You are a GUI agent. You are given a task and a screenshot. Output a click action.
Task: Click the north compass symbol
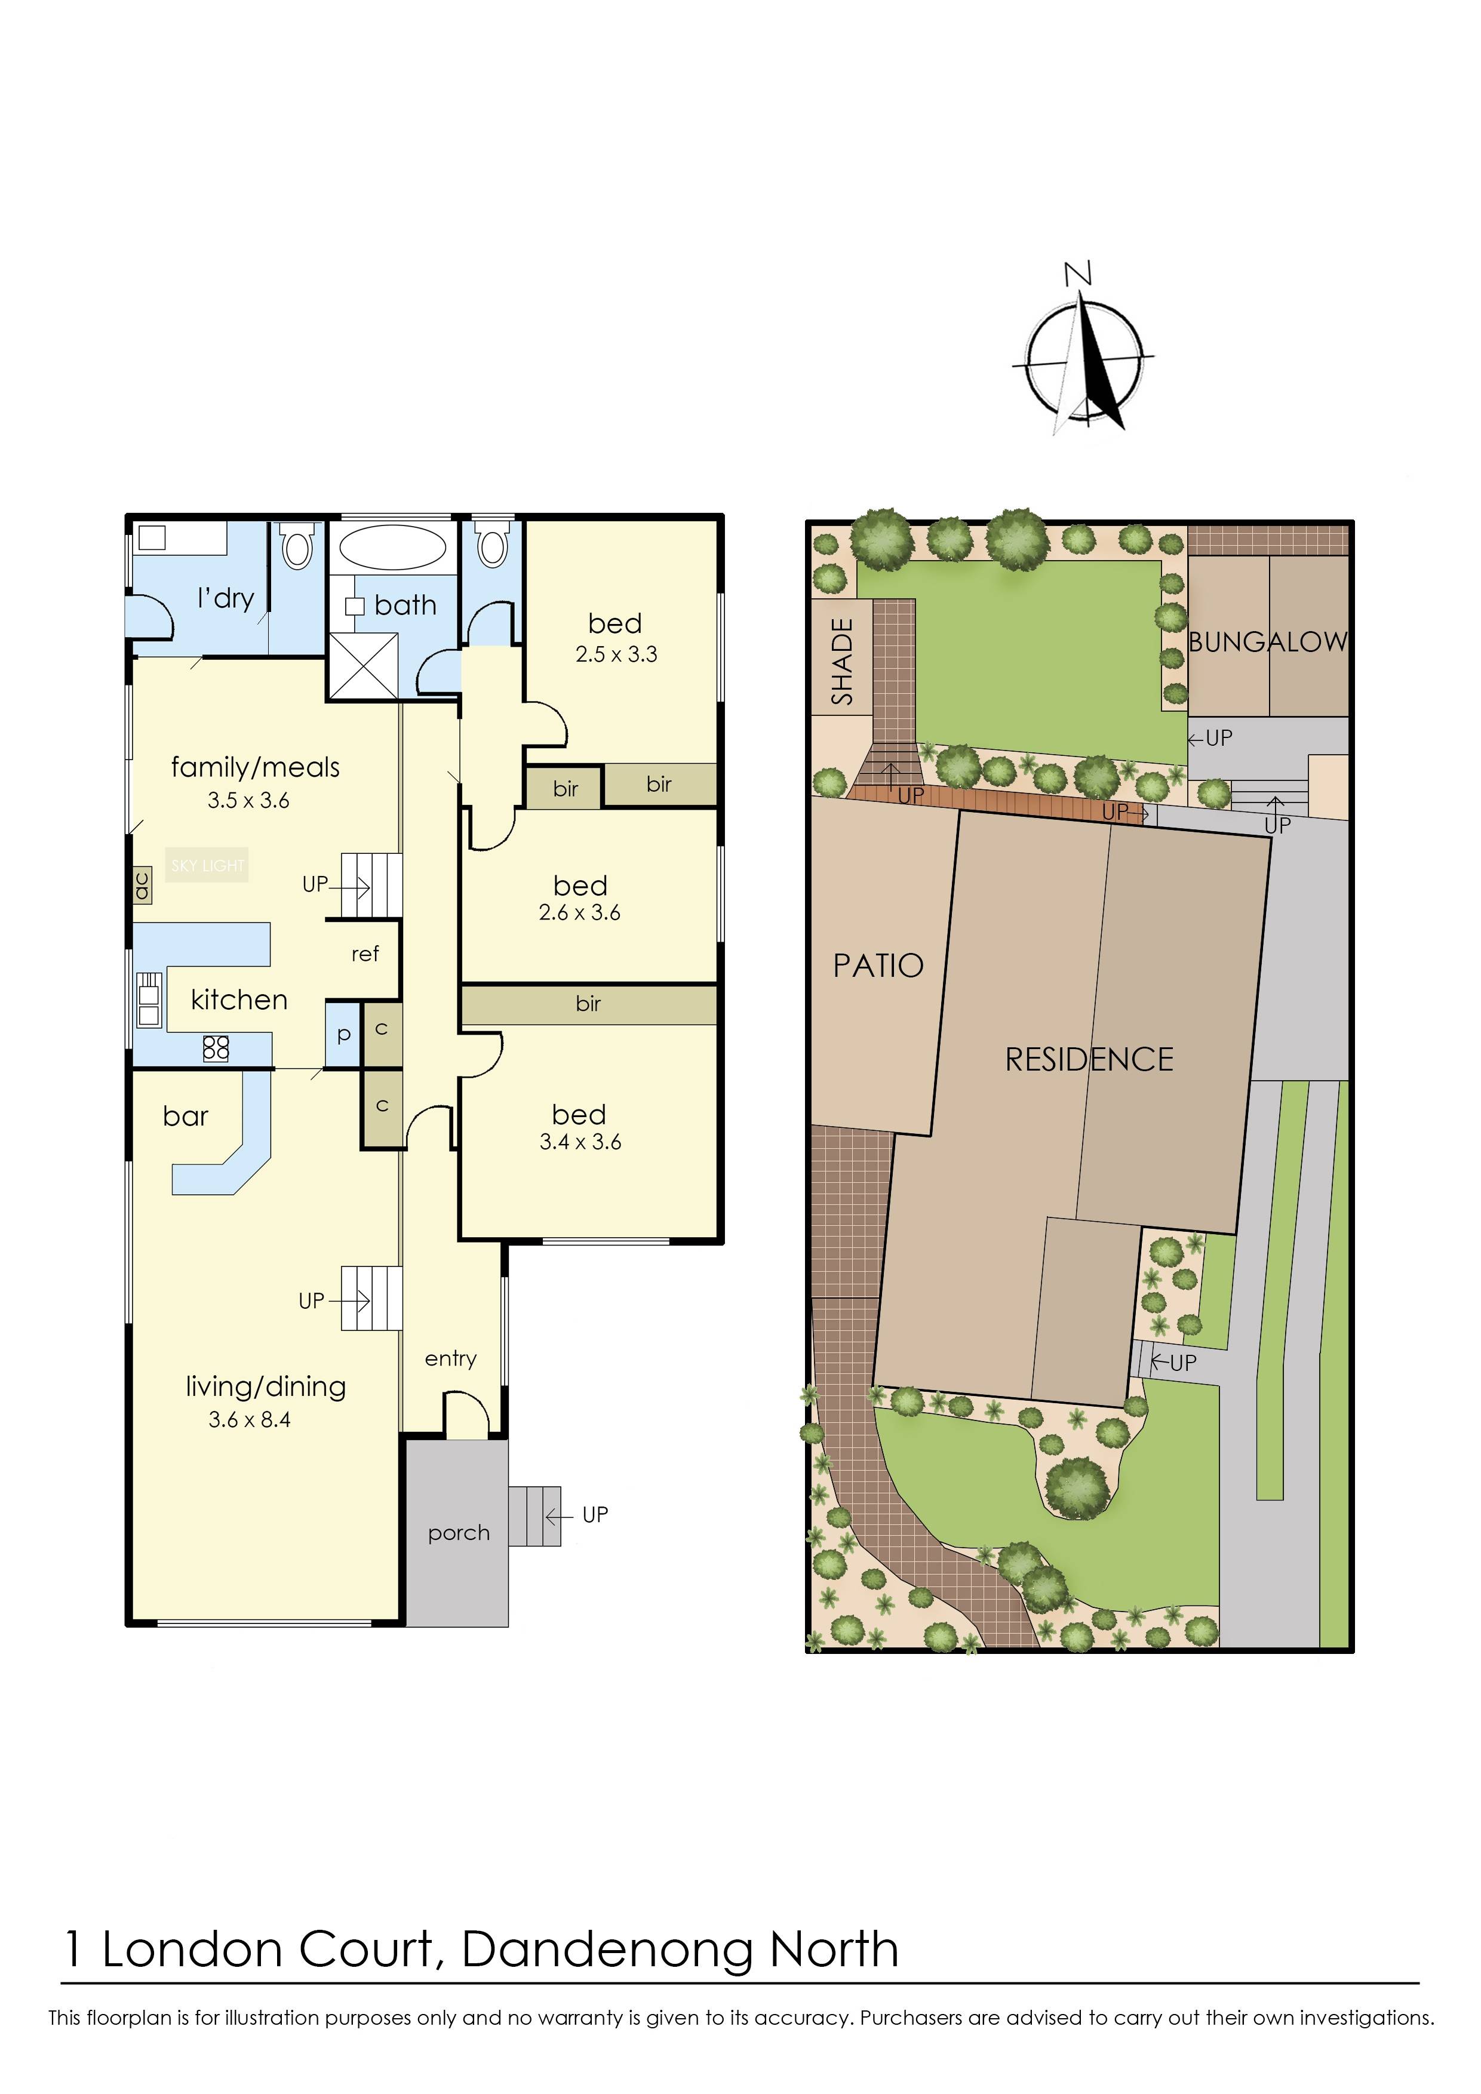coord(1083,360)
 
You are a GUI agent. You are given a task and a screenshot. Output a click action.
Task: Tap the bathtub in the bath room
coord(393,547)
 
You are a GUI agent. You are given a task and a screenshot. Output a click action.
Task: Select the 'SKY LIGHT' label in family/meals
coord(208,866)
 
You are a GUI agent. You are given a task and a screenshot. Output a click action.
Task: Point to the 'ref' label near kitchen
coord(365,954)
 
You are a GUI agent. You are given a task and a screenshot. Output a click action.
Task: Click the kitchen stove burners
coord(216,1048)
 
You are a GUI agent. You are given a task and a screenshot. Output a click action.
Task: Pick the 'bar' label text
coord(185,1117)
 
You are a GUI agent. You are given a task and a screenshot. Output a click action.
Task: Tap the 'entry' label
coord(450,1358)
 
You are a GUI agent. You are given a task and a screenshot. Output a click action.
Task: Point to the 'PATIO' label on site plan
coord(878,965)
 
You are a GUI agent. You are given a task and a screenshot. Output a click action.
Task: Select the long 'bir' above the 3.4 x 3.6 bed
coord(588,1004)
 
